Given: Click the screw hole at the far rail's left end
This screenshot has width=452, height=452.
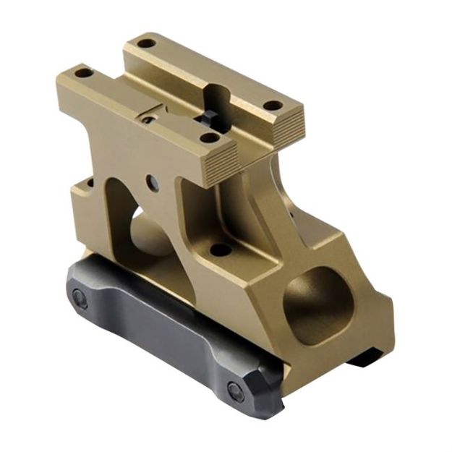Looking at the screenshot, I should tap(145, 43).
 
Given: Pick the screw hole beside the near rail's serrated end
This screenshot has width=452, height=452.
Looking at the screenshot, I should tap(208, 137).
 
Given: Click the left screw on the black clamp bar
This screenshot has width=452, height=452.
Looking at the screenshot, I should tap(79, 297).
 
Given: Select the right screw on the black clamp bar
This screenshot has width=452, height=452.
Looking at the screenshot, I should tap(235, 391).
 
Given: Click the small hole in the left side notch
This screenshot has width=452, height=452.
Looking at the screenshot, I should tap(89, 183).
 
